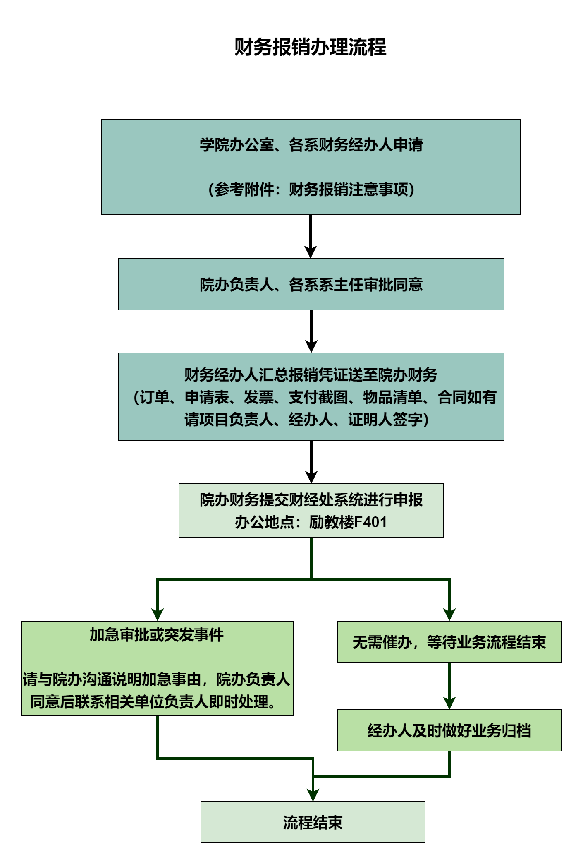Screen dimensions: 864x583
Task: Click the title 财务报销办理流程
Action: coord(311,47)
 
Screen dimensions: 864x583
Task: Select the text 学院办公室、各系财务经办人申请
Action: coord(311,145)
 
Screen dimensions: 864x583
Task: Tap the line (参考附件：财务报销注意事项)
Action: coord(311,190)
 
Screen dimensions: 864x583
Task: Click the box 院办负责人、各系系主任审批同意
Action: coord(311,284)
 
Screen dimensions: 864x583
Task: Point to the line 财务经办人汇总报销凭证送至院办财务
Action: coord(311,375)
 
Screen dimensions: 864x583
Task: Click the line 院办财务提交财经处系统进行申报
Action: coord(311,500)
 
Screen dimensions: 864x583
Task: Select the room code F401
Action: coord(370,522)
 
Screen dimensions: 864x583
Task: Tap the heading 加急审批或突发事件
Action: coord(157,635)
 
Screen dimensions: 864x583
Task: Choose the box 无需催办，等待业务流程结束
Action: coord(449,642)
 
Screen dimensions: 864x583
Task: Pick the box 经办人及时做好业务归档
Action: coord(449,730)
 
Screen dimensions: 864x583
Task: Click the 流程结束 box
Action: coord(313,822)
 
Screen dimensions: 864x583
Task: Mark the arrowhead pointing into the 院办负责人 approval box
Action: coord(311,252)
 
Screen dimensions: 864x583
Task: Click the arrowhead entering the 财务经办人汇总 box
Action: coord(311,346)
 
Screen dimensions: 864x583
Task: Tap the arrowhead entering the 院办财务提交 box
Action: coord(311,477)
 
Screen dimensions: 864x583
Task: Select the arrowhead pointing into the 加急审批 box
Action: coord(158,614)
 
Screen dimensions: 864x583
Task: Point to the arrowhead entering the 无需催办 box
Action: coord(449,614)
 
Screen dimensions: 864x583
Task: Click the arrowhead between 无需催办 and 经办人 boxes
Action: coord(449,703)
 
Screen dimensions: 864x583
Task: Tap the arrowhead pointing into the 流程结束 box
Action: coord(313,795)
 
